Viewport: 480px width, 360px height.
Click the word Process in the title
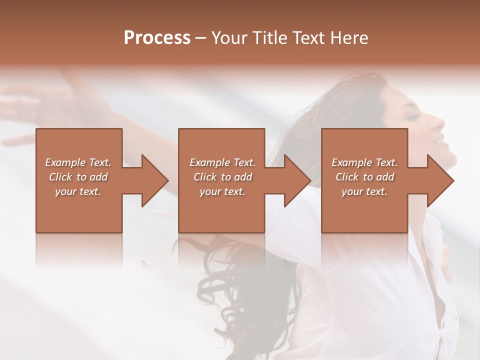[x=157, y=38]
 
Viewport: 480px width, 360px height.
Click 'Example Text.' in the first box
[x=78, y=162]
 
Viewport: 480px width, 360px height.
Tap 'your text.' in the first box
[x=78, y=191]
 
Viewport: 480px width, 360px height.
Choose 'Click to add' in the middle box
[x=222, y=177]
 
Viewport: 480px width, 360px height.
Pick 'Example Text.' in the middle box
[x=222, y=162]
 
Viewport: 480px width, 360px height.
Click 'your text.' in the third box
[x=364, y=191]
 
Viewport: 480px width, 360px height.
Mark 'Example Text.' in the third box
[x=364, y=162]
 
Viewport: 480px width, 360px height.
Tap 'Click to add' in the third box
[x=364, y=177]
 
